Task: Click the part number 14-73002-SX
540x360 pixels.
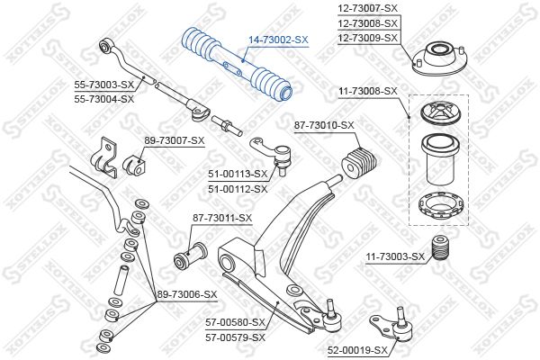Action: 279,40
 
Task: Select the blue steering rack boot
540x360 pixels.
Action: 237,66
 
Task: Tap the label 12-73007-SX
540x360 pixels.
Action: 368,8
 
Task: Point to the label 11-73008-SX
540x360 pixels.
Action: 368,91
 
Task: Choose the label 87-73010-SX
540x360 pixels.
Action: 324,125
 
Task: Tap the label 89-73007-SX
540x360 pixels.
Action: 175,140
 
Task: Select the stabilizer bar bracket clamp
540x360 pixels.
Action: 104,157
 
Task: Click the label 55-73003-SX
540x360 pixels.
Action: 104,85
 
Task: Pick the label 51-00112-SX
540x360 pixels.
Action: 238,189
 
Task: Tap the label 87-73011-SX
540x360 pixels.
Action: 222,218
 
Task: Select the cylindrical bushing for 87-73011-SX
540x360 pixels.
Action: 190,256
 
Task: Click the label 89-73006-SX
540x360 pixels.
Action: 187,294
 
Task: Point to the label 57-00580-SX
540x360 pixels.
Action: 236,322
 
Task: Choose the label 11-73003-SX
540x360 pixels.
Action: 395,256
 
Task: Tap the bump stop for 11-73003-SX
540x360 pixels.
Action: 439,247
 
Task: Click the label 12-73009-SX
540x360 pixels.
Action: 368,38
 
